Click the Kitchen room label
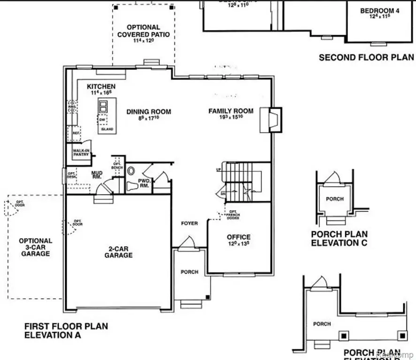101,87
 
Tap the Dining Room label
149,112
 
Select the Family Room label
231,111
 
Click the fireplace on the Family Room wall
272,120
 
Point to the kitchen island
107,116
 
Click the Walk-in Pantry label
80,152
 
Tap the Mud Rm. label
97,175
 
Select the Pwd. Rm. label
144,183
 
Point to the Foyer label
189,223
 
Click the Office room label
239,237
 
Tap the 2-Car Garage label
118,252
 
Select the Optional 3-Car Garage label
35,247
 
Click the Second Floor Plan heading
366,58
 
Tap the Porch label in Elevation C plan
335,199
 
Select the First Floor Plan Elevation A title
66,330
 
